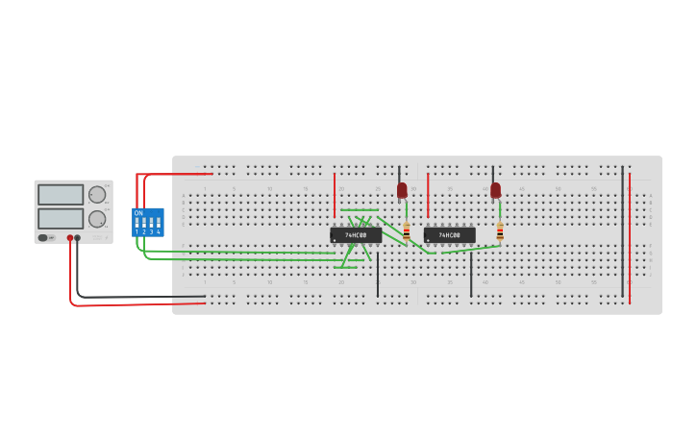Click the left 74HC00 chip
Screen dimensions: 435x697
click(355, 234)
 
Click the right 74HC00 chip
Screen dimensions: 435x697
click(449, 234)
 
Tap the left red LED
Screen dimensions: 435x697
click(402, 190)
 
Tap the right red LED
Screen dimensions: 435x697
click(495, 190)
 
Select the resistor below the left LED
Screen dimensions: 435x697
click(406, 231)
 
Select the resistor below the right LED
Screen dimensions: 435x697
click(500, 231)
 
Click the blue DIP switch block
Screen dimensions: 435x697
click(148, 222)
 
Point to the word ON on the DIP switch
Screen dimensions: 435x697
click(138, 212)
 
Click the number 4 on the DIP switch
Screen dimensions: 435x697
click(158, 232)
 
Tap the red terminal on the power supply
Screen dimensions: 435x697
click(70, 237)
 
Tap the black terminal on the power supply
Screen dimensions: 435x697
click(78, 237)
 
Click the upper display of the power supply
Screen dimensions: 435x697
click(61, 195)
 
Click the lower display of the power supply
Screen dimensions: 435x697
click(61, 219)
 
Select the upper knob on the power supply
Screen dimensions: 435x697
click(97, 194)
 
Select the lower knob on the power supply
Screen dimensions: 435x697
click(97, 219)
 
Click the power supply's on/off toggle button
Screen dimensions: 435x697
click(43, 237)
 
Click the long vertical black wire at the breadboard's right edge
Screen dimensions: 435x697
click(622, 230)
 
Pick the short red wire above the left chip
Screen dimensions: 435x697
click(335, 195)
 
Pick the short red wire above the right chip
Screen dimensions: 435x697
click(428, 195)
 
